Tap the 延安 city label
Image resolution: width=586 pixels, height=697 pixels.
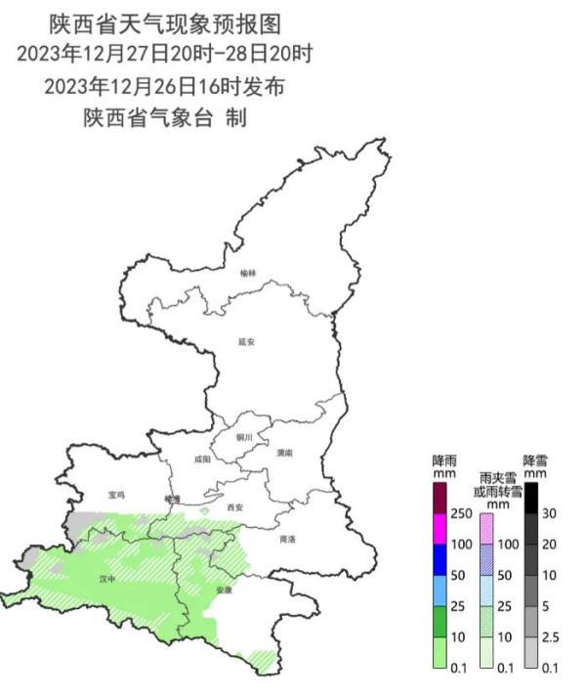click(246, 342)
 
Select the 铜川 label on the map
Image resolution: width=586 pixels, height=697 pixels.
click(243, 436)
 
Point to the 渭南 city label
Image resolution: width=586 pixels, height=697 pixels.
click(285, 454)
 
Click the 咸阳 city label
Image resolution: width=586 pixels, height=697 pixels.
click(201, 457)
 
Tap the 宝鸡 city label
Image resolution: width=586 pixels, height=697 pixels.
click(116, 495)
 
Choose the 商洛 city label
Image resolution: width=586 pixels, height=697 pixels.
click(287, 539)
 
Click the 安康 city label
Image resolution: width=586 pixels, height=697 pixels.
click(225, 590)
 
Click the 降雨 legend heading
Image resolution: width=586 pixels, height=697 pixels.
click(444, 459)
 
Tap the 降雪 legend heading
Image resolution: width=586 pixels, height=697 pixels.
click(536, 459)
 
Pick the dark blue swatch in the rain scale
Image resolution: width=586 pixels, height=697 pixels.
click(439, 559)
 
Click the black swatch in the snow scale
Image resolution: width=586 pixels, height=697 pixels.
click(532, 499)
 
